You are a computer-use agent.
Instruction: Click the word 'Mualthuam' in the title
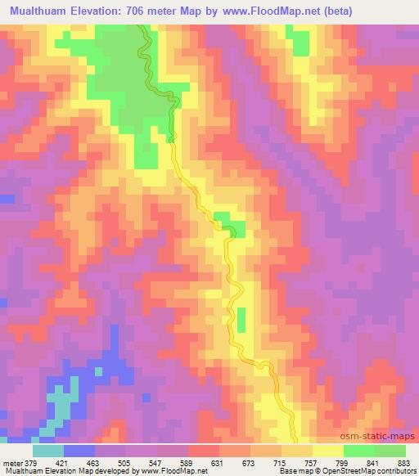tap(42, 11)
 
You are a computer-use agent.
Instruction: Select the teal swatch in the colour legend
tap(48, 450)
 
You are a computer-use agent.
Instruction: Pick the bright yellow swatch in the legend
tap(328, 450)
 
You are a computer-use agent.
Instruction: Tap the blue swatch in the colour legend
tap(79, 450)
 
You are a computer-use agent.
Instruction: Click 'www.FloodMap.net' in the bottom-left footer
tap(167, 470)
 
